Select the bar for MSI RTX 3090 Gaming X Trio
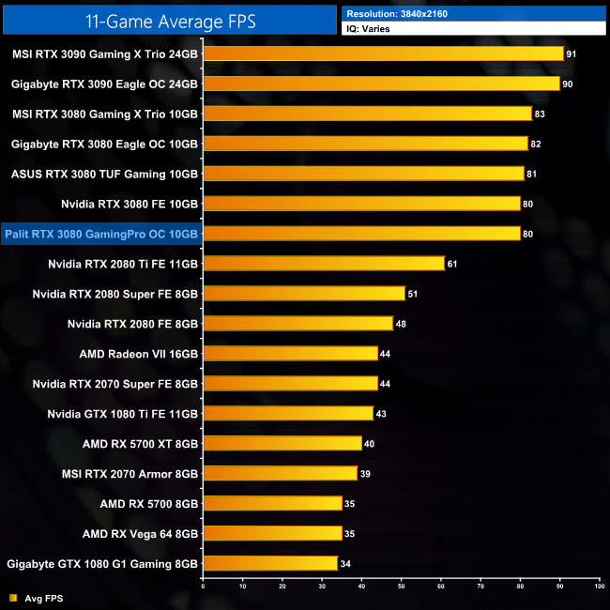383,53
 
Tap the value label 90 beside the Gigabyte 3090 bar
568,84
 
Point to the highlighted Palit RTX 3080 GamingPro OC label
101,234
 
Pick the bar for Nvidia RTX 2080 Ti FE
324,264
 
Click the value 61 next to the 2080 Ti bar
452,264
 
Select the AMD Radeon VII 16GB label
140,354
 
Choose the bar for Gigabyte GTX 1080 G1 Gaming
270,564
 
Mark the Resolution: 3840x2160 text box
474,13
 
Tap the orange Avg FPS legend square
12,598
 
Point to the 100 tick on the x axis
599,585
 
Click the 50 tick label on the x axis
402,585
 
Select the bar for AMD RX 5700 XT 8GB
282,444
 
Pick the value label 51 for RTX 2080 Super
413,294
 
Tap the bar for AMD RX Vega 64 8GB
272,534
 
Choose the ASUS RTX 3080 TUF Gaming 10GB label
104,174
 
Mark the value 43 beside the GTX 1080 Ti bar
381,414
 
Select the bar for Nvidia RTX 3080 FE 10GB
361,204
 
